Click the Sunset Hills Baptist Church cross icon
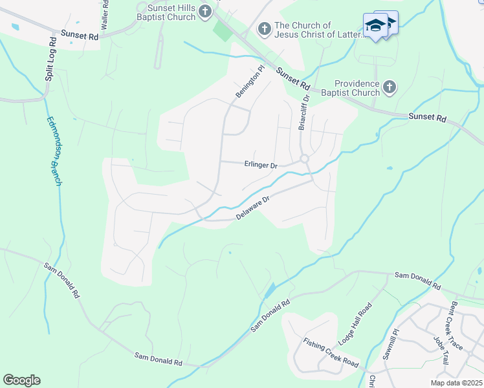(205, 11)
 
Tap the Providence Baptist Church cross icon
(389, 87)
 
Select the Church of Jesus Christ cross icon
(264, 28)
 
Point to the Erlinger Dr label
(260, 165)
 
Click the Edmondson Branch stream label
(54, 151)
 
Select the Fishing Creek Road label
(331, 352)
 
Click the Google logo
(21, 380)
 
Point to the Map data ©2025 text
(456, 383)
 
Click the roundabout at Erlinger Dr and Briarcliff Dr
(304, 159)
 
